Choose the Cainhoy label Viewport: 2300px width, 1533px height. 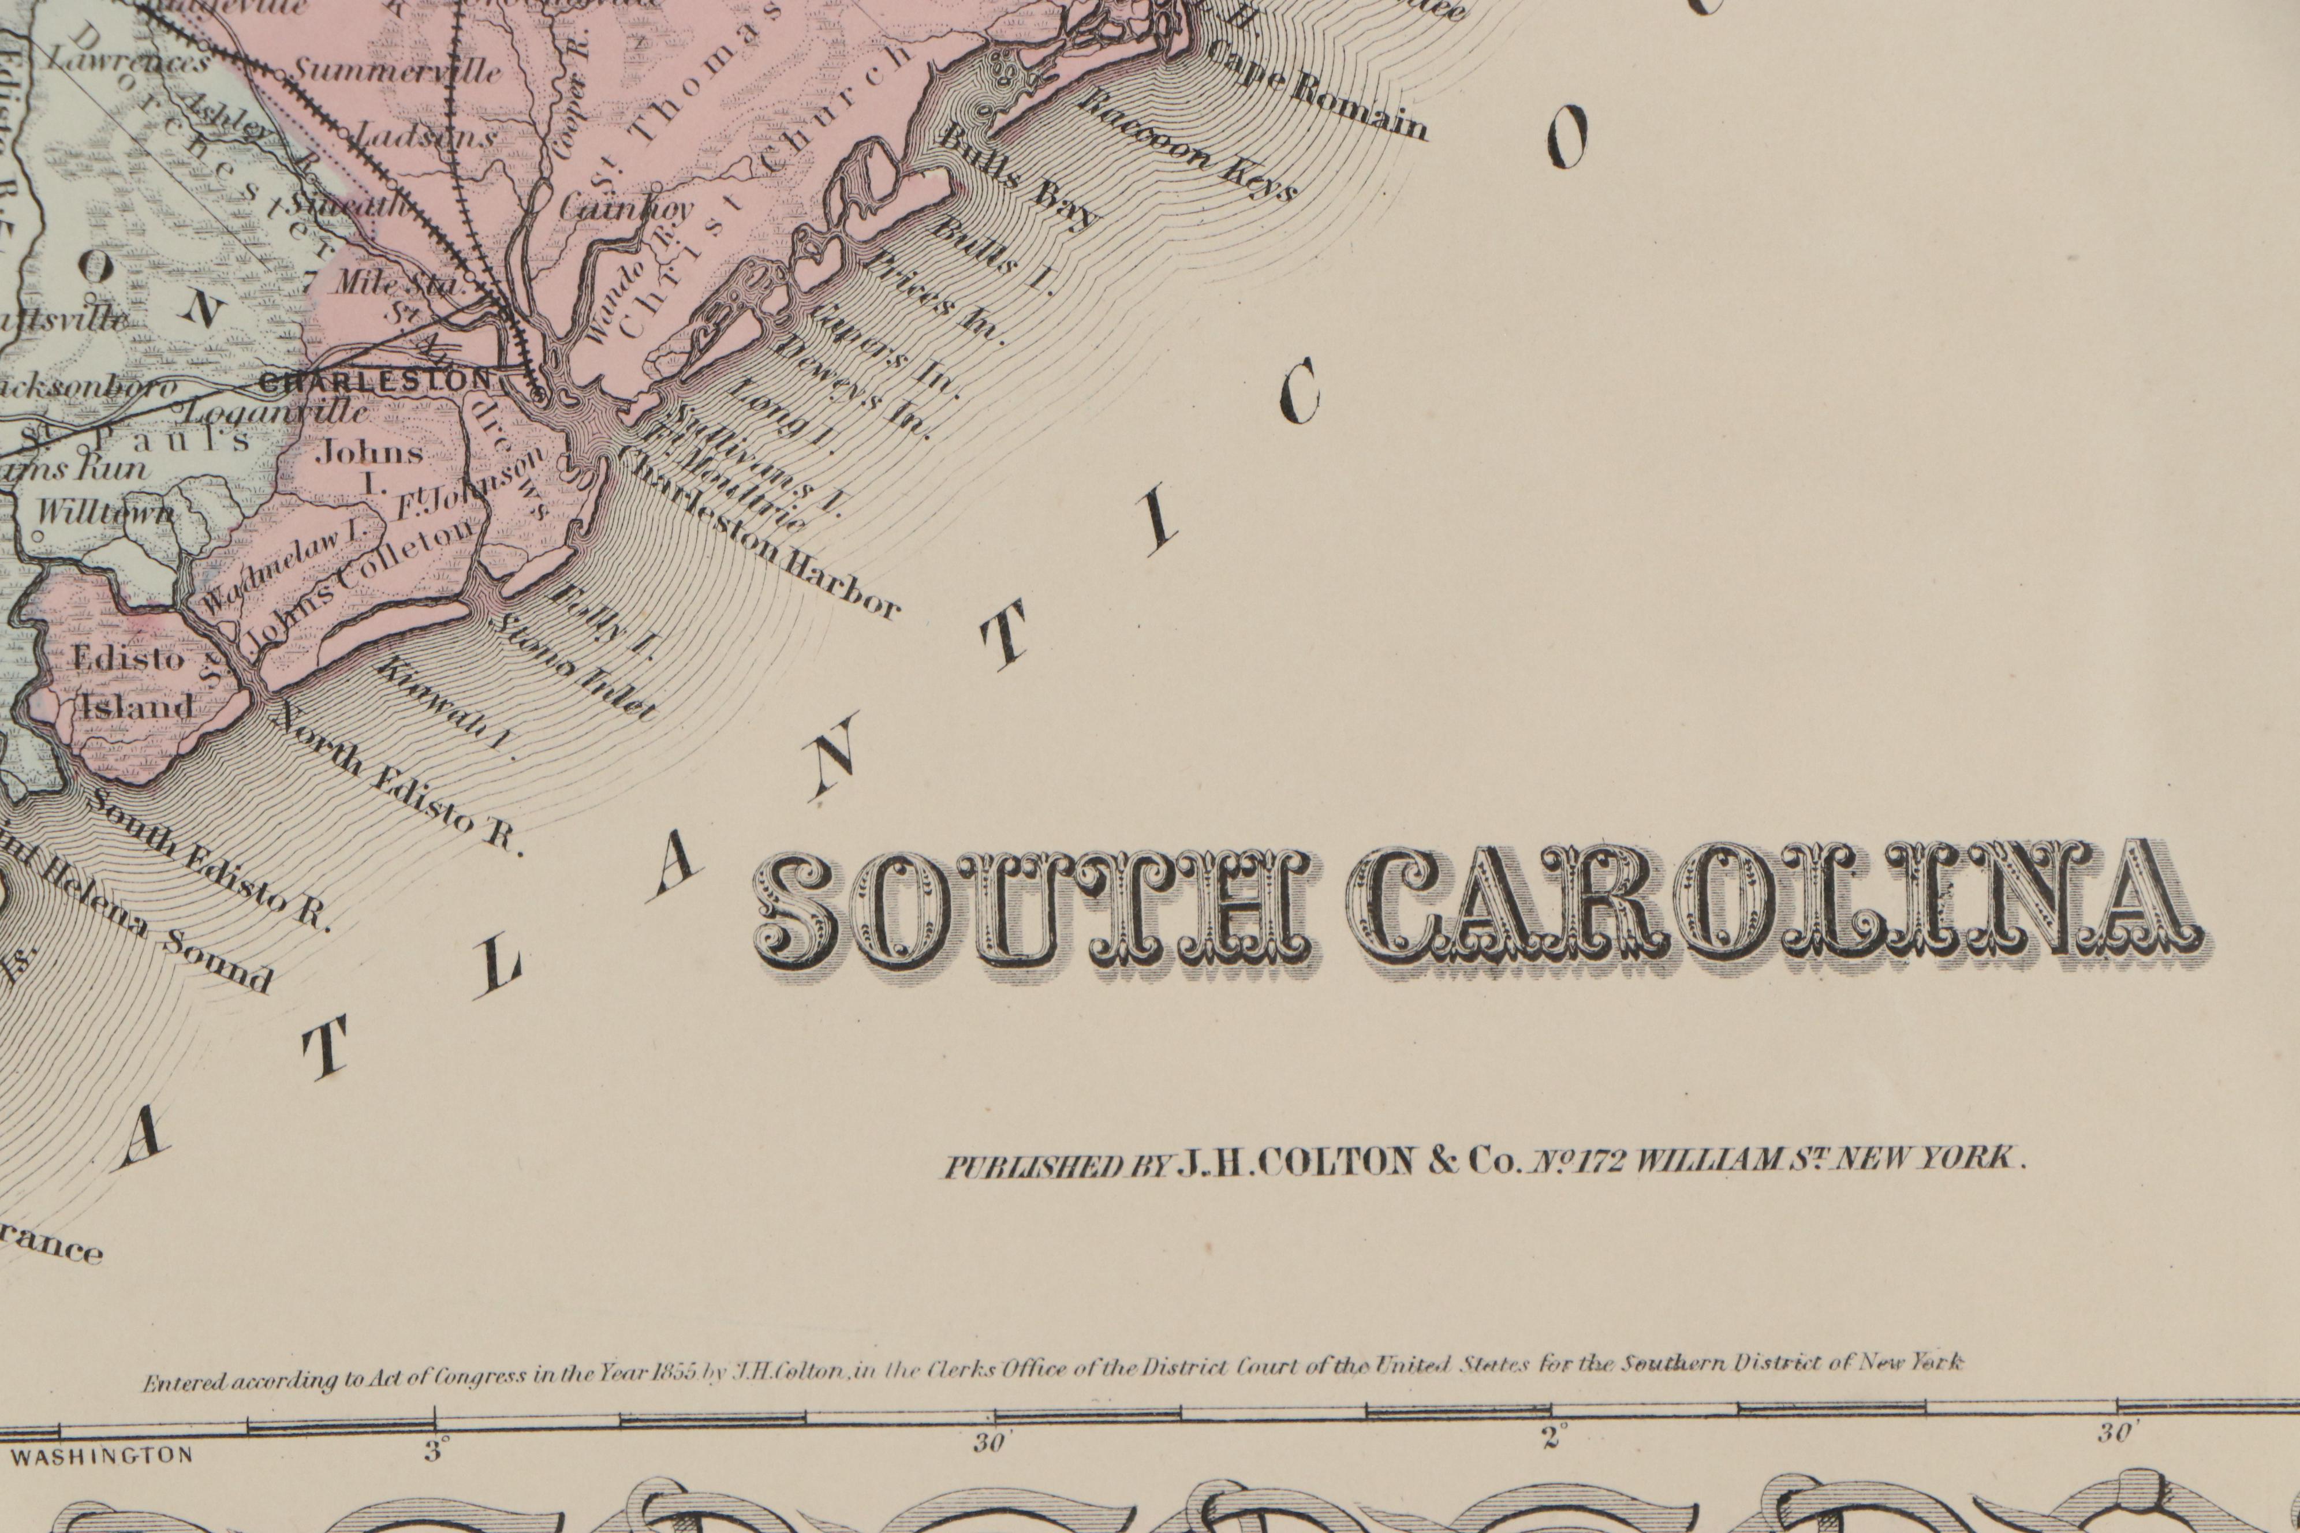[626, 207]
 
